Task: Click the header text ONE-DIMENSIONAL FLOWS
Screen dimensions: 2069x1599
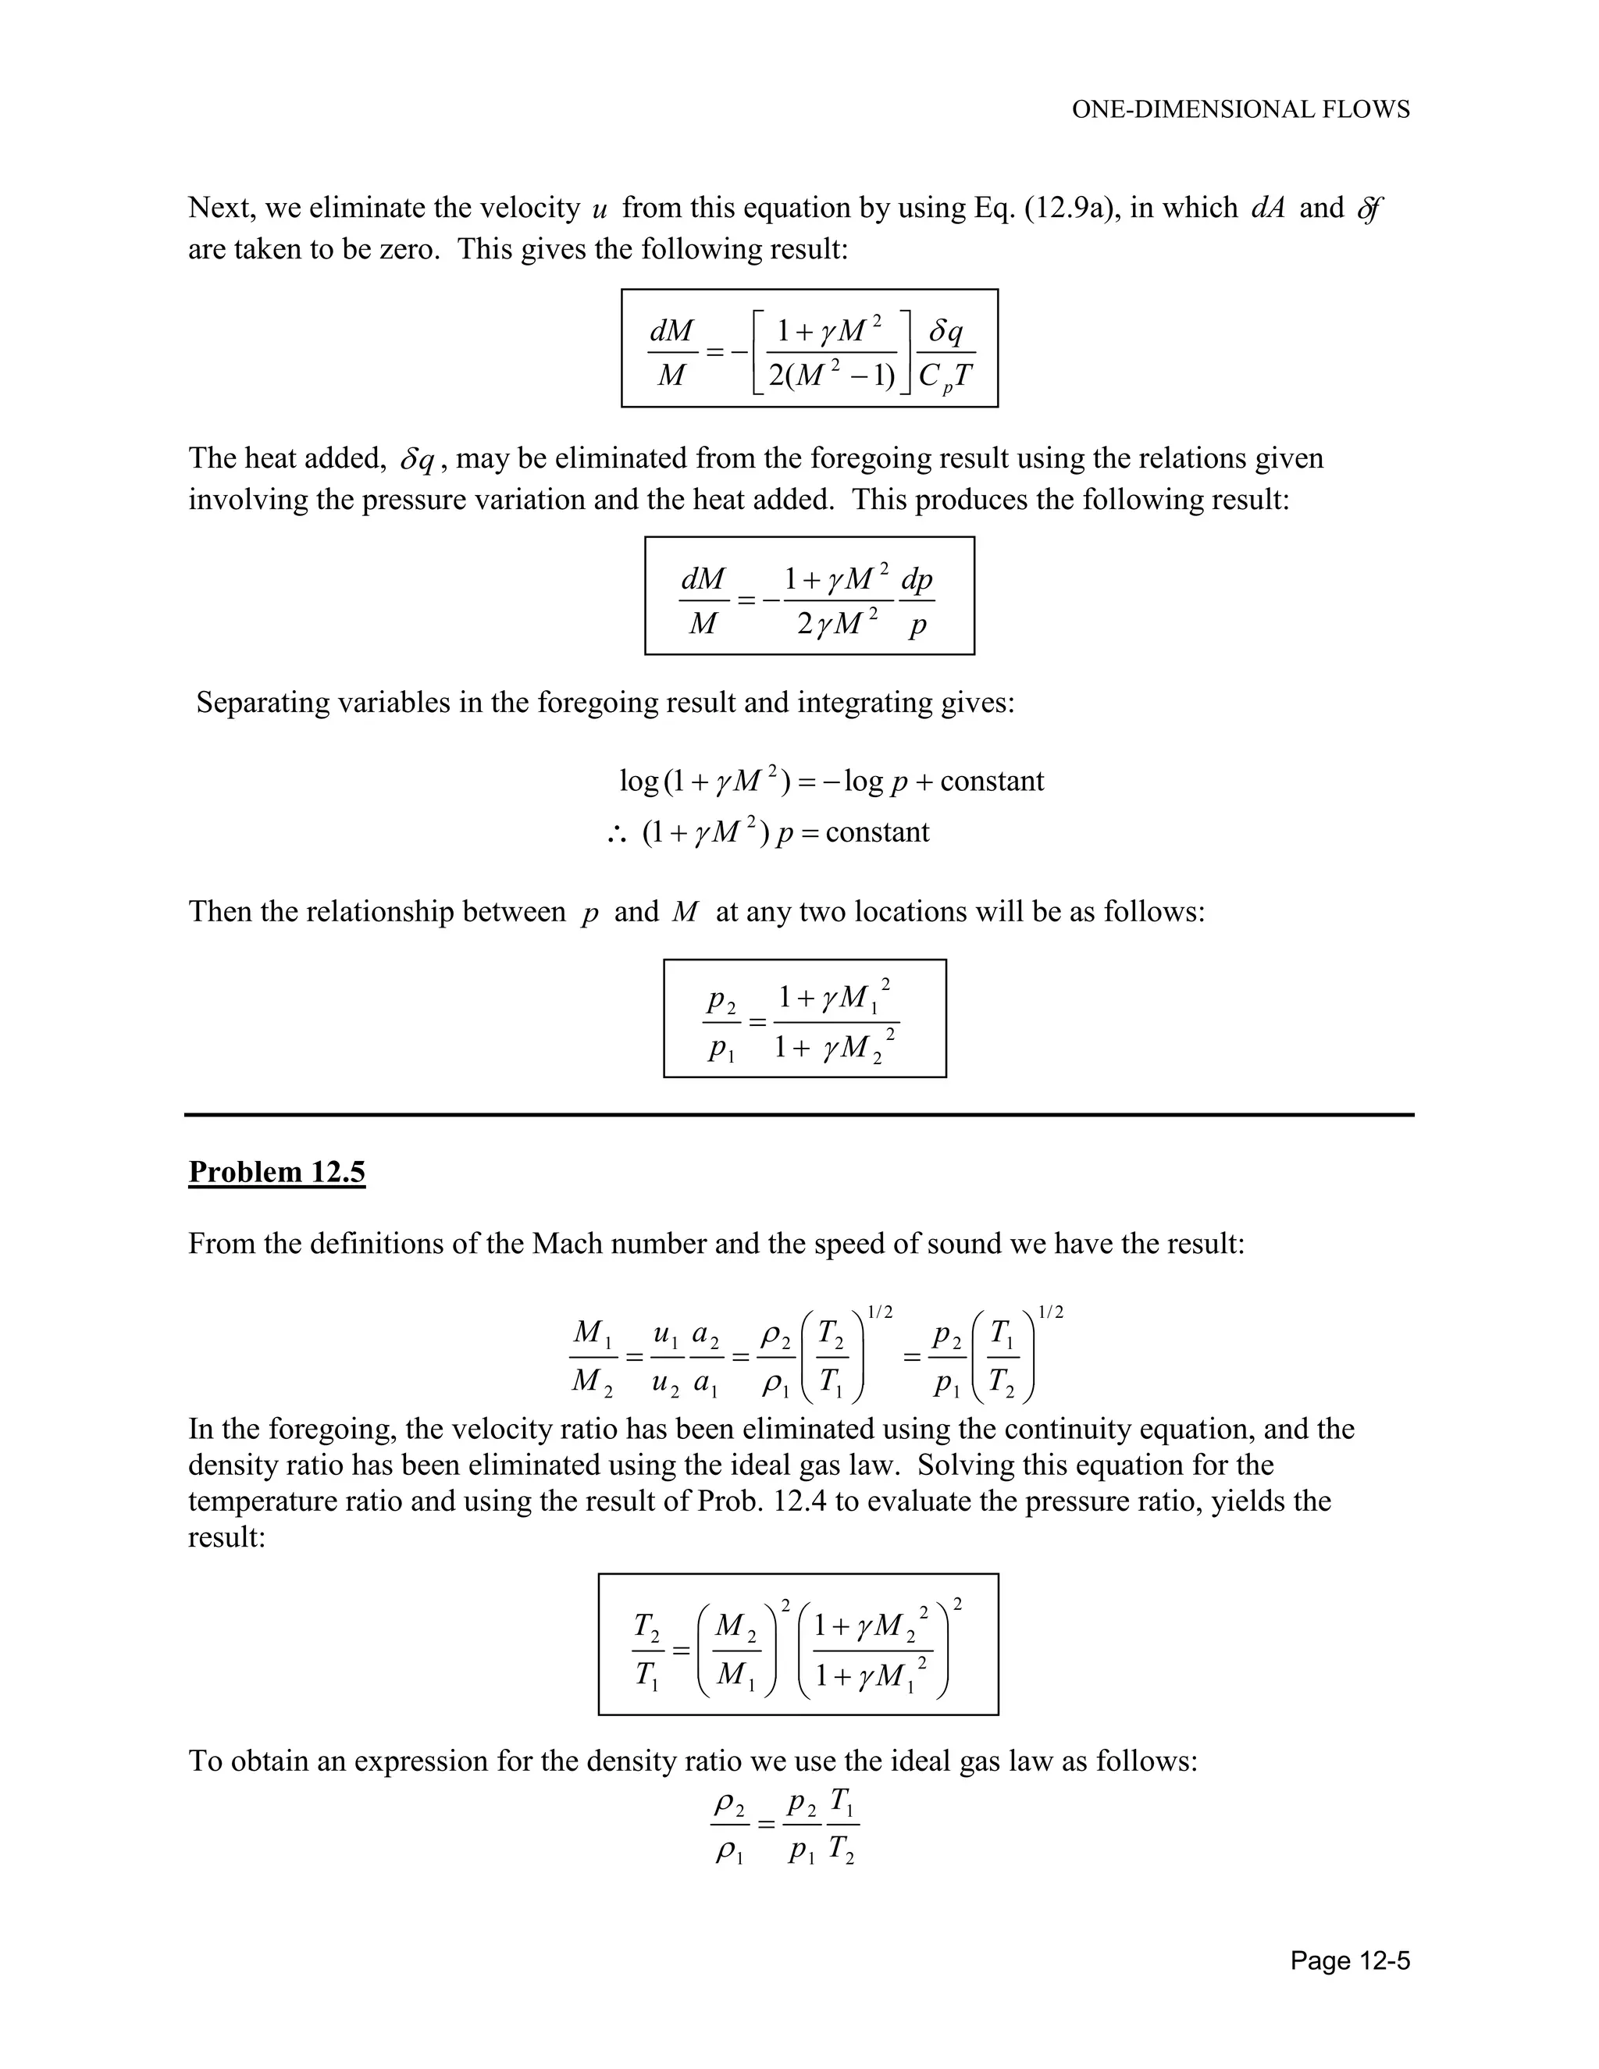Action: pos(1240,110)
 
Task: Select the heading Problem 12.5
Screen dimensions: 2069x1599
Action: pos(276,1172)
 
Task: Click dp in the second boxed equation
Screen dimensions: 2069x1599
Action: pos(916,578)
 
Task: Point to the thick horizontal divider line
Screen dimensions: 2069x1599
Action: pos(799,1115)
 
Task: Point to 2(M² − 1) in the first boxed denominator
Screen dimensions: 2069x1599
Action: pos(831,376)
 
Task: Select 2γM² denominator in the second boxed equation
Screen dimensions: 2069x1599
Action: pos(838,623)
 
